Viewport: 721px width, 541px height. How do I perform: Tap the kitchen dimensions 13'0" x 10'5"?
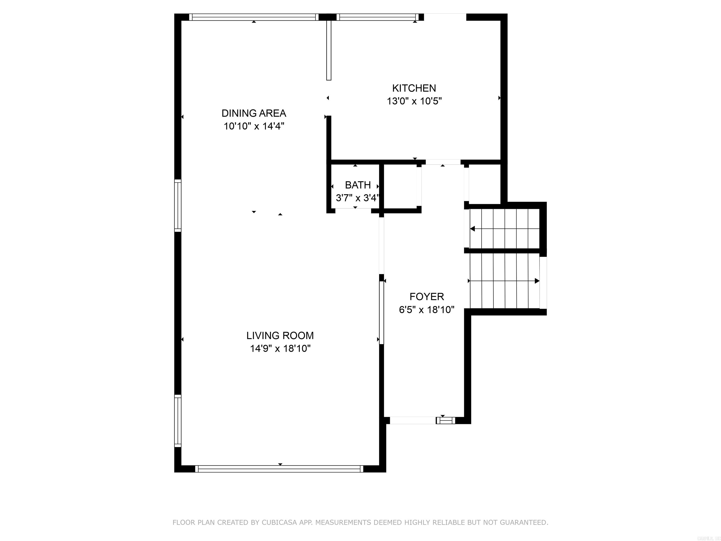(414, 101)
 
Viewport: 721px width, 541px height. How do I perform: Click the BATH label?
(358, 185)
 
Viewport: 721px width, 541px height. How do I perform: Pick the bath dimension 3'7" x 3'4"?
(358, 198)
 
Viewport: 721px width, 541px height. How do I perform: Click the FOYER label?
(426, 296)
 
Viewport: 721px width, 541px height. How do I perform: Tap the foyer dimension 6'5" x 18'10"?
(426, 309)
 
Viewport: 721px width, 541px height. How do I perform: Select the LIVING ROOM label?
(280, 335)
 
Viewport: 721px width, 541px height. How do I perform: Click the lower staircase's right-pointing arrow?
(537, 281)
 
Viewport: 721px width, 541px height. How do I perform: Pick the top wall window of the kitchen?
(377, 17)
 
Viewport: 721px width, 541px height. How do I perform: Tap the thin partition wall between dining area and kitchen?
(329, 50)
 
